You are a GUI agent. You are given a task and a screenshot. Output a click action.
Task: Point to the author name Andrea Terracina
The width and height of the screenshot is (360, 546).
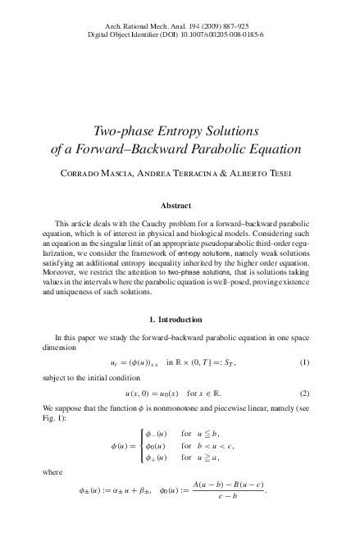[x=169, y=174]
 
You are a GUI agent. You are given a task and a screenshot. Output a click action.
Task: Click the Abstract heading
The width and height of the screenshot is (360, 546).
[x=180, y=207]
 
